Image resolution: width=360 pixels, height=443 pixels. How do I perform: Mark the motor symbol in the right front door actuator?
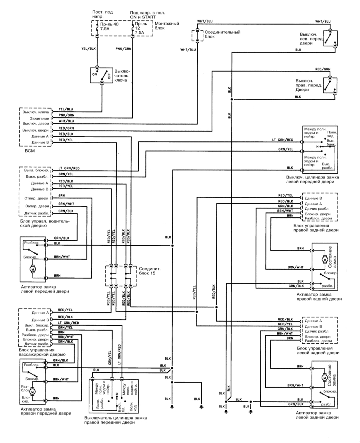coord(33,391)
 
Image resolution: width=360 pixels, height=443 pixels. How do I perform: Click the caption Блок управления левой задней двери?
coord(316,350)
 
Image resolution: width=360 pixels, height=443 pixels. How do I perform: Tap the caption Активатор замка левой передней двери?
coord(44,289)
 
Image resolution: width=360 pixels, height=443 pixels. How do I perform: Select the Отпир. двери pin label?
coord(36,198)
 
